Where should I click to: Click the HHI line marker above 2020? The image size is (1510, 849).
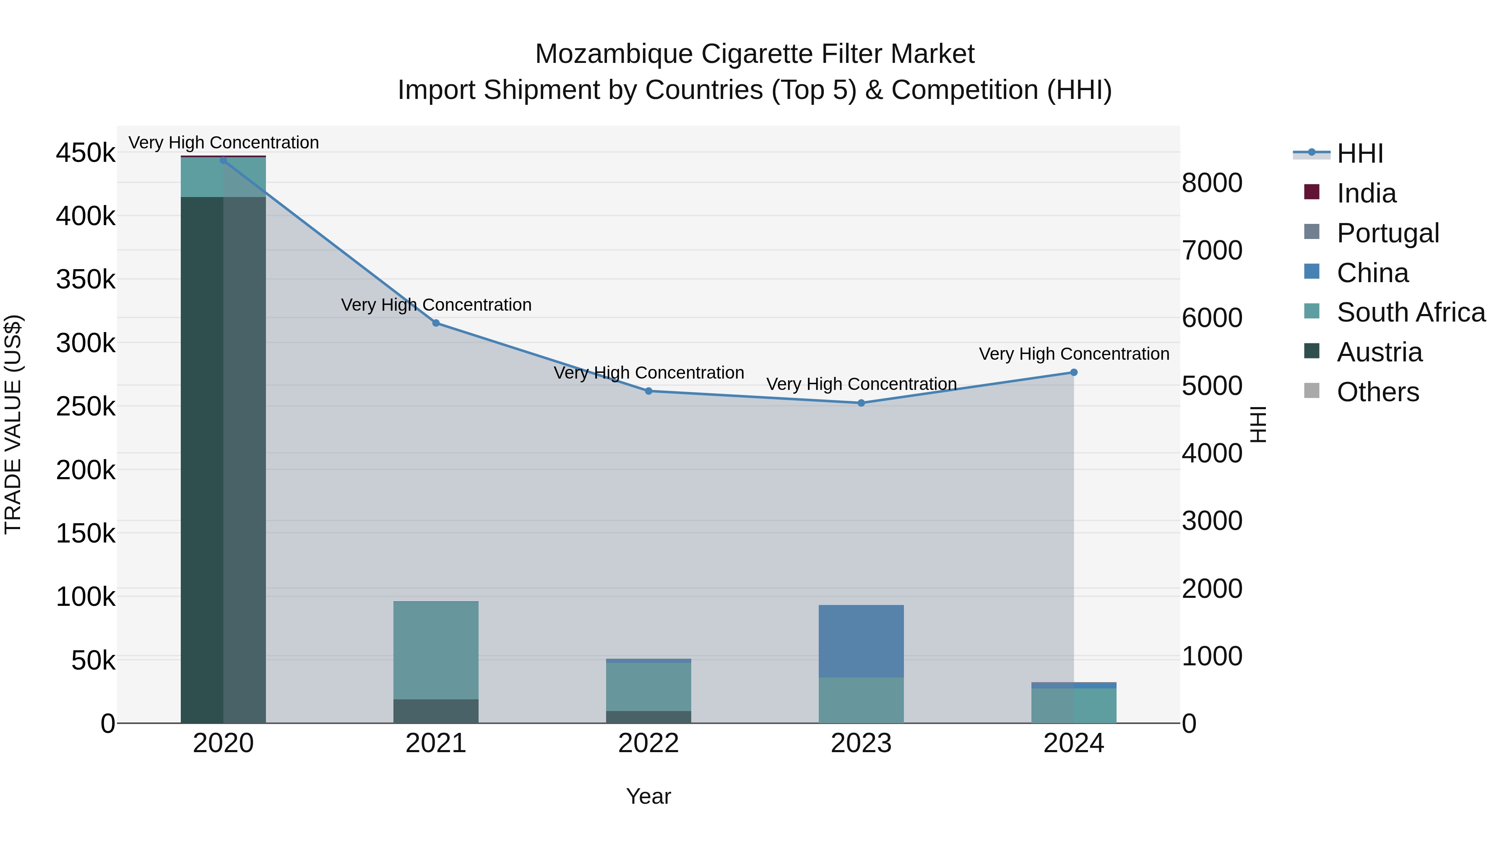(223, 161)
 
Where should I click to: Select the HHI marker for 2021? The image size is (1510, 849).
(436, 323)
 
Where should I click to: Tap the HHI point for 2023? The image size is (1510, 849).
(861, 403)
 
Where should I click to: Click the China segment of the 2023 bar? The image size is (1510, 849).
(861, 641)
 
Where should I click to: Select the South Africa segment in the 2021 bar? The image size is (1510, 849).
(436, 650)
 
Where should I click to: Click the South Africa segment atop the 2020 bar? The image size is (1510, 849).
(223, 177)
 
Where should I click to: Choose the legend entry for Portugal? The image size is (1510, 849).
(1388, 233)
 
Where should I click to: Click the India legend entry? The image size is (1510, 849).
(1366, 193)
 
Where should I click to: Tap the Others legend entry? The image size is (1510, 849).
(1377, 392)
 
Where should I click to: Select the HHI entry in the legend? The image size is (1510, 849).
(1360, 153)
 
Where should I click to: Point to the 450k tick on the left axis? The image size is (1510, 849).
(86, 153)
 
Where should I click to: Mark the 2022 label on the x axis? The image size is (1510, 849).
(648, 743)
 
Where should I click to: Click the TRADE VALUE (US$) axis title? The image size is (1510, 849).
(13, 425)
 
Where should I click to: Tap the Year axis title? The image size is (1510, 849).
(648, 796)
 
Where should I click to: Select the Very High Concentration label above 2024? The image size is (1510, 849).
(1074, 354)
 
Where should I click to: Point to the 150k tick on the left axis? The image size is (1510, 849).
(86, 534)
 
